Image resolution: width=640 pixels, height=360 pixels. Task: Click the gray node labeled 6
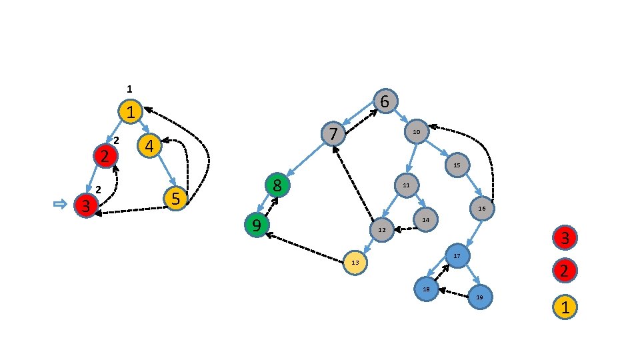point(385,101)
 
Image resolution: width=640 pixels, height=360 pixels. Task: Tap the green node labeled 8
point(277,185)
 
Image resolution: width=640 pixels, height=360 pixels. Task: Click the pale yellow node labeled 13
point(355,263)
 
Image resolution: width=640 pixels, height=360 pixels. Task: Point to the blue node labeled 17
point(457,256)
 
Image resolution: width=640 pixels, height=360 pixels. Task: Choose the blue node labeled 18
point(426,289)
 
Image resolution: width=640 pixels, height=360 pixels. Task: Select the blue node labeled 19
point(479,296)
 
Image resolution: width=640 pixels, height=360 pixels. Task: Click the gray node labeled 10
point(416,132)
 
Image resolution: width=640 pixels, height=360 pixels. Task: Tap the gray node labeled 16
point(482,209)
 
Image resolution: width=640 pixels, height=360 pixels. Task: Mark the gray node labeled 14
point(425,219)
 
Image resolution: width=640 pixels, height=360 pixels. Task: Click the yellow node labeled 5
point(176,199)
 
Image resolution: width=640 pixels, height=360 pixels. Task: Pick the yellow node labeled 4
point(149,145)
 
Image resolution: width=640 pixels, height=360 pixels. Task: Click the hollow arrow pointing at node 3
point(60,205)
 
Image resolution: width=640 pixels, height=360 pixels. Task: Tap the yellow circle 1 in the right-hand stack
point(565,307)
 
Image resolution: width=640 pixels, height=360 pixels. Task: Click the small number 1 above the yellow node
point(130,89)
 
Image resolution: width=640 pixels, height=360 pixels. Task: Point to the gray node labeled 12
point(382,230)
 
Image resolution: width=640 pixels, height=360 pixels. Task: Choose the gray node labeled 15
point(457,165)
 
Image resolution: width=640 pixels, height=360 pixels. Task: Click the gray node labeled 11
point(406,185)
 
